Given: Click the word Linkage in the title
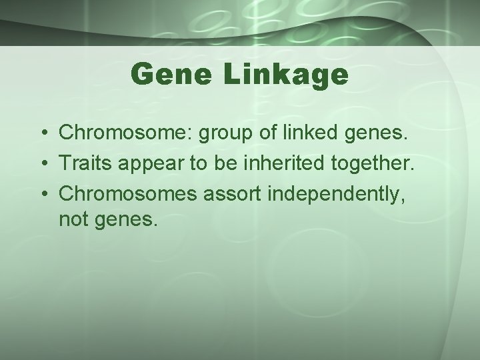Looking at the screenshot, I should pyautogui.click(x=285, y=76).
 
